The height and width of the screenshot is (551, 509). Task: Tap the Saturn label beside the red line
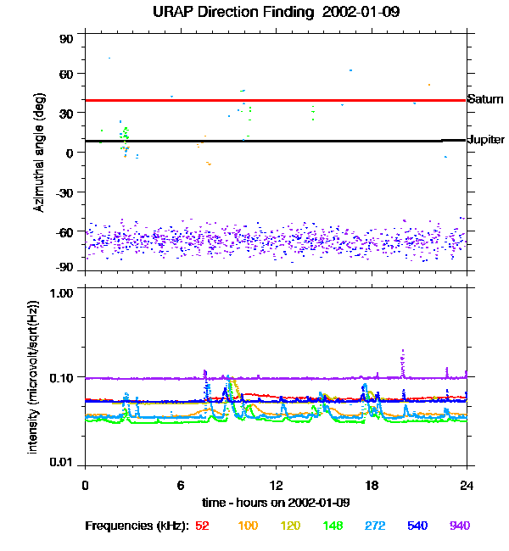[x=485, y=99]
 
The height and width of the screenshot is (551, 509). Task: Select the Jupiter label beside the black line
[x=486, y=139]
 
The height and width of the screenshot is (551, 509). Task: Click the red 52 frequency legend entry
[x=202, y=526]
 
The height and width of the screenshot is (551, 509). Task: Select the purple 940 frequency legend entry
[x=460, y=526]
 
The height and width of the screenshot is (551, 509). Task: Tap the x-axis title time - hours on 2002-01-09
[x=276, y=503]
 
